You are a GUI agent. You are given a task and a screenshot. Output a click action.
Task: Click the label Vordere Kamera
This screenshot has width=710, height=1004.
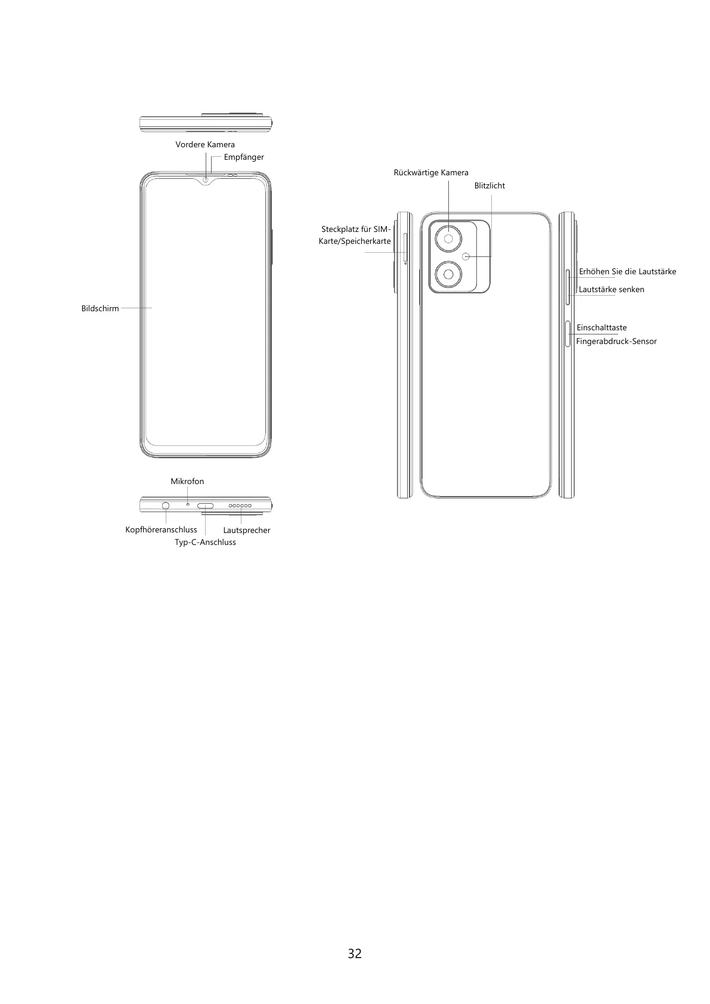tap(204, 144)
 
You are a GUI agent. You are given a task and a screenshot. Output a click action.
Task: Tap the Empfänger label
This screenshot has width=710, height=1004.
tap(243, 157)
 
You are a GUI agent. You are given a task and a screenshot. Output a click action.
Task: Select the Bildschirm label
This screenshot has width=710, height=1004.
tap(100, 308)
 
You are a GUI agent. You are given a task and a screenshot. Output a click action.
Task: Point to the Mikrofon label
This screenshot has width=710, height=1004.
tap(187, 481)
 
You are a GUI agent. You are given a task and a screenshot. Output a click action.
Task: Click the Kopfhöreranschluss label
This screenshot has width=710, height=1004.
tap(161, 529)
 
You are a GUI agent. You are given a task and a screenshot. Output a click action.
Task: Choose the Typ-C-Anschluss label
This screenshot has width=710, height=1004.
tap(205, 542)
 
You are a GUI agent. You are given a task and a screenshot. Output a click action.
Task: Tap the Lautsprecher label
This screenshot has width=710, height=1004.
tap(246, 530)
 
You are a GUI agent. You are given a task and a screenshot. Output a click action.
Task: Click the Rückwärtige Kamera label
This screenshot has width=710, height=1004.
tap(430, 172)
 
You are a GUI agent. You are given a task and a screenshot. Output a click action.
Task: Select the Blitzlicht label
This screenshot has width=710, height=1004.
tap(489, 185)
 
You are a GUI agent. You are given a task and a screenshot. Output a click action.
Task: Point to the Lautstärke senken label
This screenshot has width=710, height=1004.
tap(611, 289)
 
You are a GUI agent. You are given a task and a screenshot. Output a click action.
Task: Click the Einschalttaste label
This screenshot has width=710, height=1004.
tap(602, 327)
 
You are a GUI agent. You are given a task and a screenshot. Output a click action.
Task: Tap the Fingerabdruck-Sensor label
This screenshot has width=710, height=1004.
tap(616, 341)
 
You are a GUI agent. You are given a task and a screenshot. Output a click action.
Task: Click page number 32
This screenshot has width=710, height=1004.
tap(355, 953)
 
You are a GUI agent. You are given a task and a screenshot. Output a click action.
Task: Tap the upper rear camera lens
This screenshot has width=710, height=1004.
tap(448, 240)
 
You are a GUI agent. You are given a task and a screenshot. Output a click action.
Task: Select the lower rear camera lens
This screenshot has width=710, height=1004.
tap(448, 275)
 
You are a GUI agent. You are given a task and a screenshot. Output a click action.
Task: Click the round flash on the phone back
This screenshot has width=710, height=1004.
tap(466, 256)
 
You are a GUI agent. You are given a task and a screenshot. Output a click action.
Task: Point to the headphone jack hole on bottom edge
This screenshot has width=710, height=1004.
tap(166, 506)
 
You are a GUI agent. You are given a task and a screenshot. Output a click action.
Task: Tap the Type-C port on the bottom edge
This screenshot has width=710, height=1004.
tap(206, 506)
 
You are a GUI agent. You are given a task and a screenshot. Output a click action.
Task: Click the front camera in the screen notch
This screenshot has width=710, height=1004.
tap(206, 179)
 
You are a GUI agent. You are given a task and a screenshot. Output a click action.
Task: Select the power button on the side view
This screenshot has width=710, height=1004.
tap(568, 334)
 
